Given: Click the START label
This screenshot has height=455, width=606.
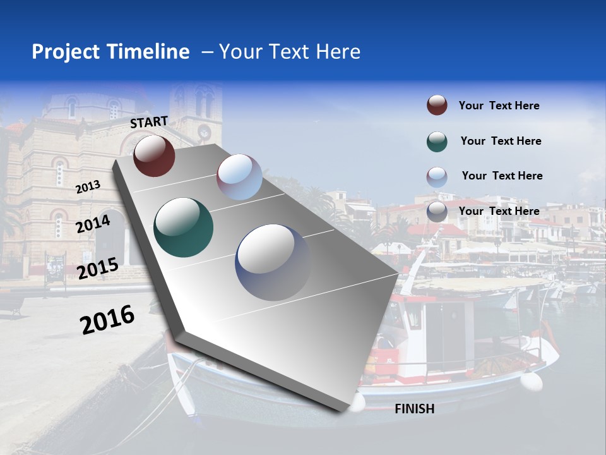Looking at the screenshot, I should click(x=149, y=122).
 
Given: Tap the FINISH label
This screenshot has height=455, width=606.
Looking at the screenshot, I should click(x=414, y=409).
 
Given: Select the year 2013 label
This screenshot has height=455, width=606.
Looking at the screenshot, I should click(x=88, y=187).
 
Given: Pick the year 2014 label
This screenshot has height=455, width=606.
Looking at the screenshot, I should click(x=93, y=224).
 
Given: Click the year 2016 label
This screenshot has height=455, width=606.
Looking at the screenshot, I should click(x=107, y=319).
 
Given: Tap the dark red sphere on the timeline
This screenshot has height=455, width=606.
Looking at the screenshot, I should click(x=154, y=155).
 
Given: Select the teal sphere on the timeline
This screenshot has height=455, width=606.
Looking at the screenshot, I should click(x=183, y=227).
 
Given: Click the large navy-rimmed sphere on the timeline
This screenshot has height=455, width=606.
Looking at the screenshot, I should click(x=273, y=262).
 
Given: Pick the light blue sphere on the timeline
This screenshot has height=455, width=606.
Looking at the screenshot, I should click(x=239, y=177).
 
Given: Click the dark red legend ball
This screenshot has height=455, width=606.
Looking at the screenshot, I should click(x=437, y=106).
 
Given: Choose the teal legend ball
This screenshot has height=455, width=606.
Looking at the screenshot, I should click(x=437, y=142).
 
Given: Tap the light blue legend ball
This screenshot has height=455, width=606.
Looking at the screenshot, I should click(x=437, y=176).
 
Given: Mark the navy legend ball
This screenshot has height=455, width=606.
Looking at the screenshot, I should click(x=437, y=212).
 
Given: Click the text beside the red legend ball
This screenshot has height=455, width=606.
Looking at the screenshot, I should click(x=499, y=106).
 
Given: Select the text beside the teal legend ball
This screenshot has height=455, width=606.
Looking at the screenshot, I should click(x=501, y=141).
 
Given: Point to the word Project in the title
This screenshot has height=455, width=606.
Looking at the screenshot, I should click(x=66, y=52).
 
